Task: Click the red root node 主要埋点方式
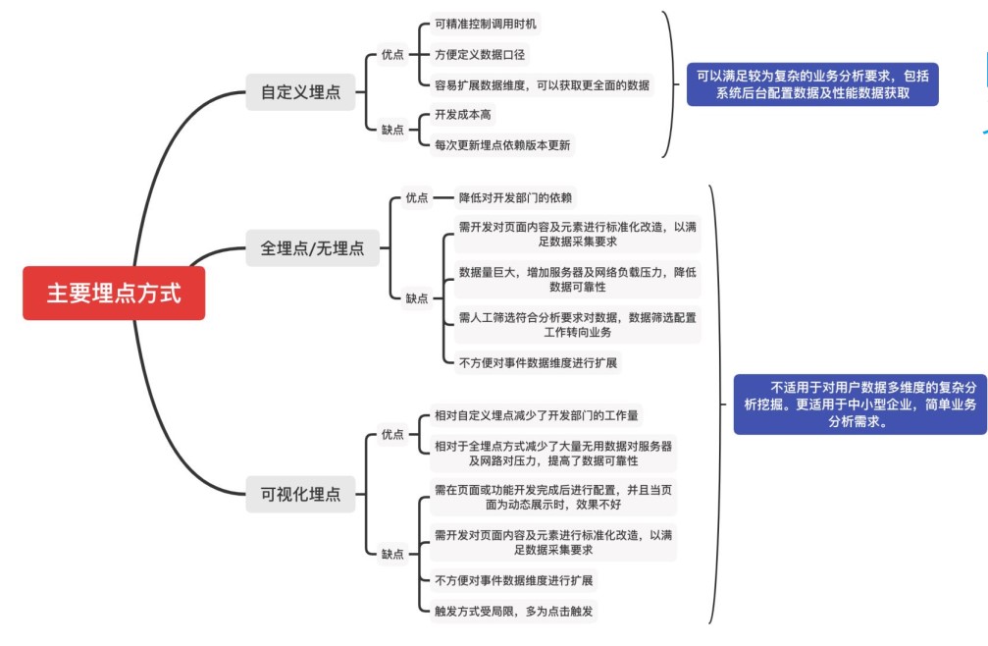click(x=114, y=293)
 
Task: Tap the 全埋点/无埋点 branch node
click(x=312, y=248)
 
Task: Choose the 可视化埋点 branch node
click(x=299, y=495)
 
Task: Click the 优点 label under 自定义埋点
click(x=392, y=55)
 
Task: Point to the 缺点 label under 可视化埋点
click(x=392, y=554)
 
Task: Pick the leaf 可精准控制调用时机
click(x=486, y=23)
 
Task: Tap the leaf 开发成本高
click(x=463, y=115)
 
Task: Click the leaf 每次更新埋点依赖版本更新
click(x=502, y=145)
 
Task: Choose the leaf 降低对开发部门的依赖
click(x=516, y=197)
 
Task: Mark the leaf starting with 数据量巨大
click(x=577, y=280)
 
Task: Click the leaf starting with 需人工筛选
click(x=577, y=325)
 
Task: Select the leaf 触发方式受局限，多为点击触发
click(x=514, y=611)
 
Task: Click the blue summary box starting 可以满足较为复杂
click(x=811, y=84)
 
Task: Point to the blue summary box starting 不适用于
click(x=858, y=404)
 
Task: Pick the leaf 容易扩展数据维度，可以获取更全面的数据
click(x=541, y=84)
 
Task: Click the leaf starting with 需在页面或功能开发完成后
click(x=553, y=497)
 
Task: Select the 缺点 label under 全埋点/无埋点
click(x=417, y=298)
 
